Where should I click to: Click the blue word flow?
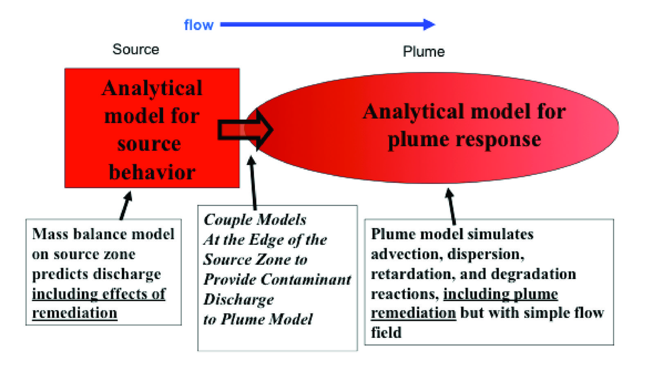tap(198, 25)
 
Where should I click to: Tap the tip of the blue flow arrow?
tap(434, 25)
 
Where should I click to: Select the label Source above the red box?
tap(135, 49)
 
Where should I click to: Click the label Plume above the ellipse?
tap(423, 52)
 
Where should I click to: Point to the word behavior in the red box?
tap(152, 172)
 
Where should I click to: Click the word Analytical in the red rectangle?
tap(152, 88)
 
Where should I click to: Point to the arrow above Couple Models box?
tap(253, 182)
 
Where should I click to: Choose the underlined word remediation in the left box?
tap(74, 313)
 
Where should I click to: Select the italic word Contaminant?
tap(306, 279)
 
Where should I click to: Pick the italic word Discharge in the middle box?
tap(238, 299)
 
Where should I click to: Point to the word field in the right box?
tap(386, 333)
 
